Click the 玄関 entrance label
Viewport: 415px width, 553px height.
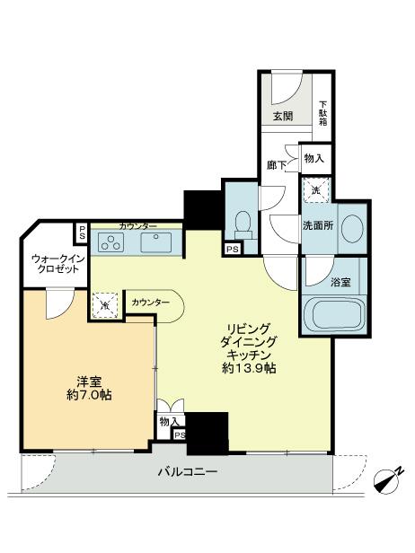[x=283, y=115]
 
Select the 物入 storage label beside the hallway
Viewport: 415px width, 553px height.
[x=313, y=158]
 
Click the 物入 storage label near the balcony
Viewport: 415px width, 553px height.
[x=168, y=420]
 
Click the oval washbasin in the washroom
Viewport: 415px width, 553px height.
[x=353, y=226]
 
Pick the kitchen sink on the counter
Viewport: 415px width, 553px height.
[x=160, y=241]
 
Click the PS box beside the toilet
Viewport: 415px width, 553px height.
[x=233, y=249]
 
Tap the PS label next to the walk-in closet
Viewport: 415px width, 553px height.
[x=82, y=233]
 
